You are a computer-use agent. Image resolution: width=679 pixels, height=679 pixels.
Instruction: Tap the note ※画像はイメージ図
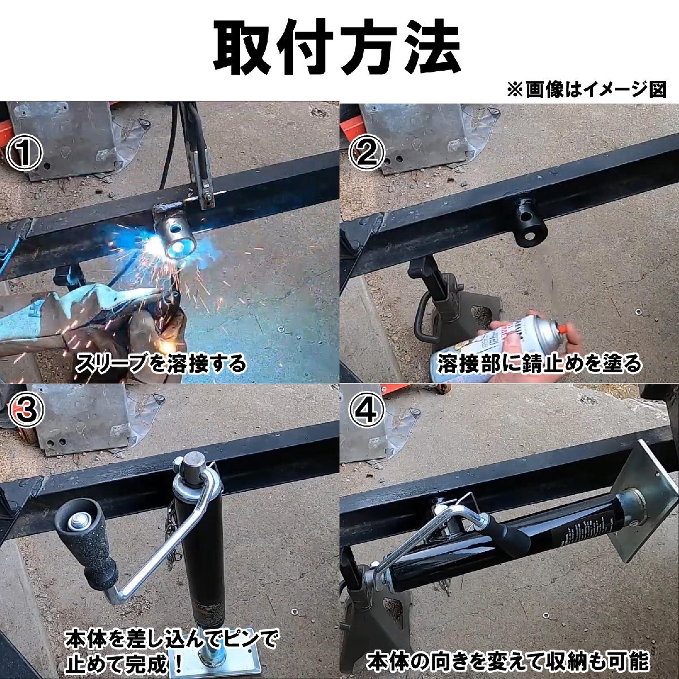click(x=586, y=90)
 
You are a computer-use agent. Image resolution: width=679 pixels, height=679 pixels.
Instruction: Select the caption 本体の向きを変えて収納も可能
click(x=508, y=661)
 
